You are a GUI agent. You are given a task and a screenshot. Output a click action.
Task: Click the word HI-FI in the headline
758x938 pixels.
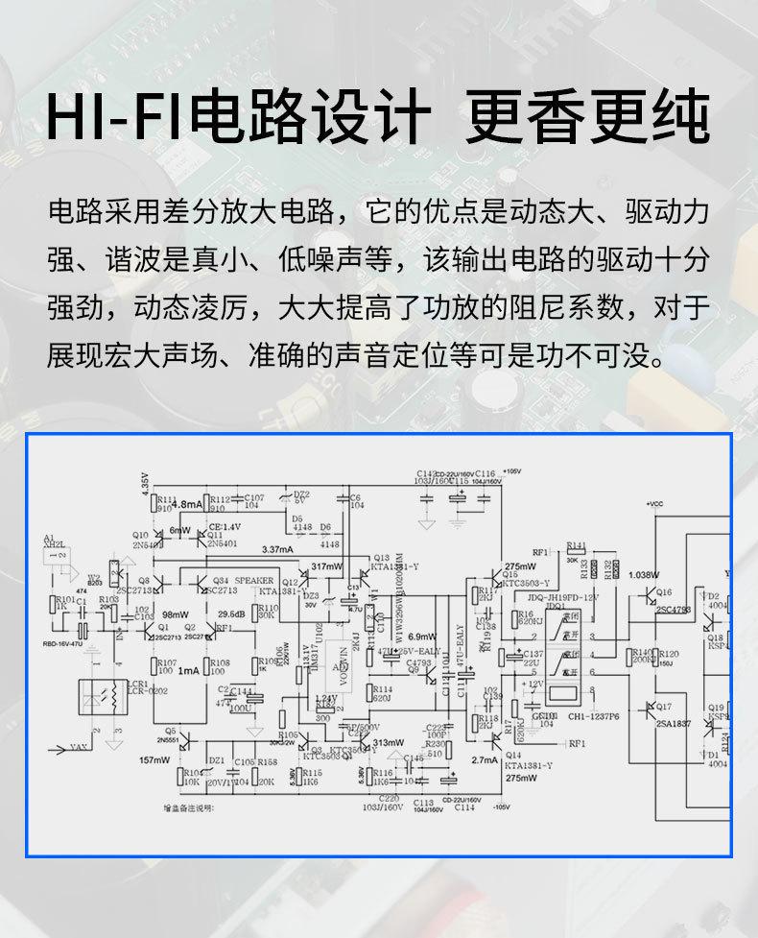pos(116,119)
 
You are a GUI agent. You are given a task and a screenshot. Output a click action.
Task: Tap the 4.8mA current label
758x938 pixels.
pos(187,504)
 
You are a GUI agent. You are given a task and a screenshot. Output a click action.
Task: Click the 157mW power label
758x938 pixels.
pos(154,759)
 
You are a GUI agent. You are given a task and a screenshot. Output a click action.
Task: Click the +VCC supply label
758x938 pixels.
pos(655,503)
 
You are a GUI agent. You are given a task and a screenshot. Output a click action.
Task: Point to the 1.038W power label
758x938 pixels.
pos(644,574)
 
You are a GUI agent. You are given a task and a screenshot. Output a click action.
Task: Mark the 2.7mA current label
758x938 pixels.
pos(485,759)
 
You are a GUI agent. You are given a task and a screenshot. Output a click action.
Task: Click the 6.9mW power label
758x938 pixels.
pos(422,637)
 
